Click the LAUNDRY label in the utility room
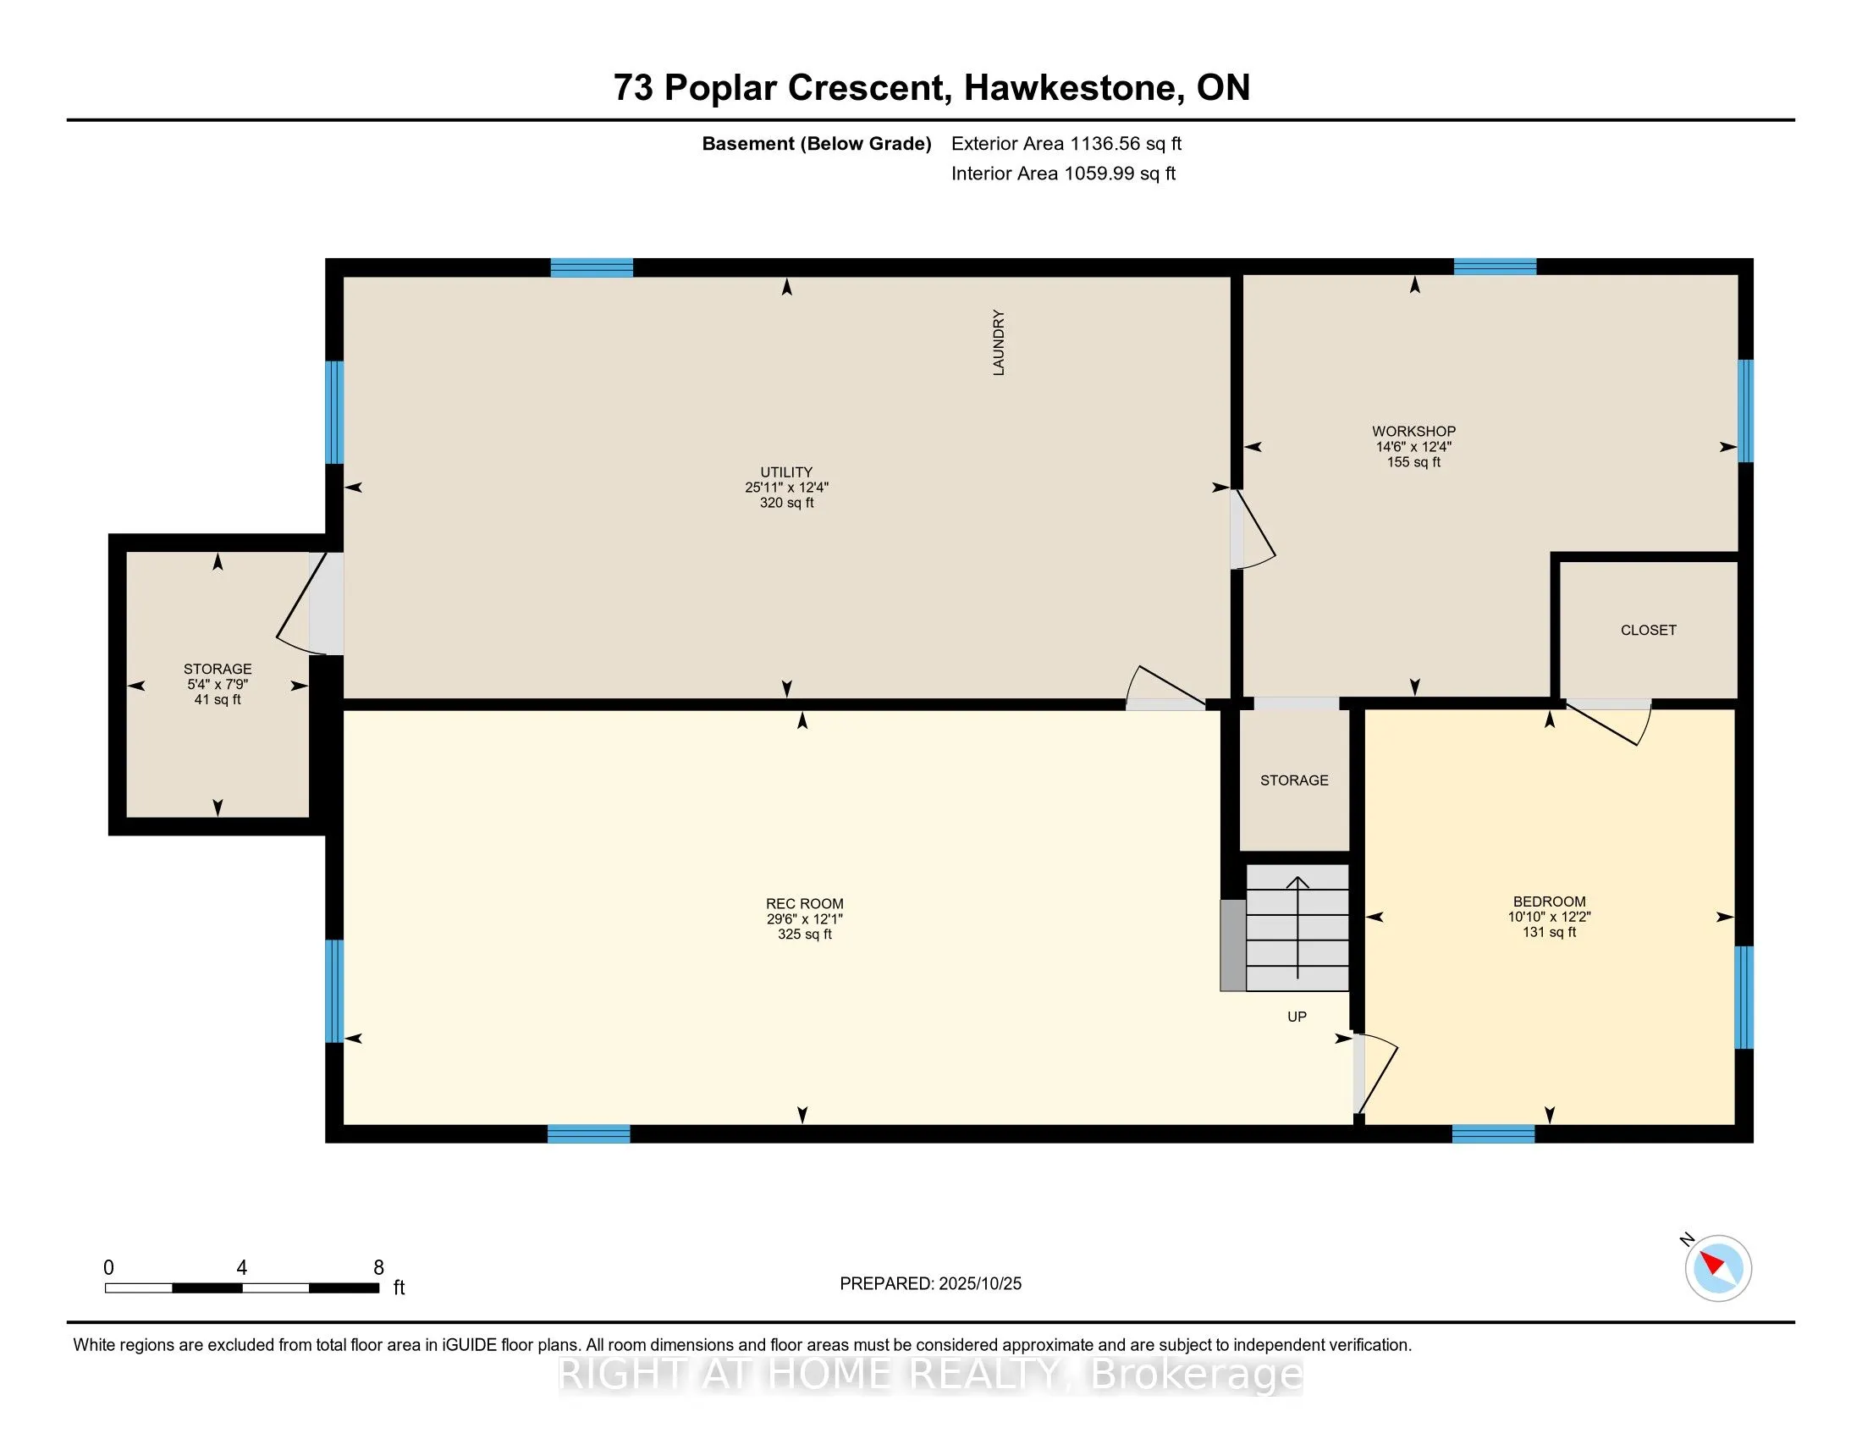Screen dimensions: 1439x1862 (x=999, y=343)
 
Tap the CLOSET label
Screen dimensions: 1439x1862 (x=1647, y=630)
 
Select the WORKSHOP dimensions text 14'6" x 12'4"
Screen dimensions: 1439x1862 (x=1413, y=447)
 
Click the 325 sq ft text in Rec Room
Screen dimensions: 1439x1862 (x=804, y=935)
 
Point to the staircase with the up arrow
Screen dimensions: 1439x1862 (x=1297, y=928)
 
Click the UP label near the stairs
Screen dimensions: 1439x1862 (x=1296, y=1016)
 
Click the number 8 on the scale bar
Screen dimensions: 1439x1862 (x=378, y=1268)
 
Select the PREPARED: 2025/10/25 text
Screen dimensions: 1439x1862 (x=930, y=1284)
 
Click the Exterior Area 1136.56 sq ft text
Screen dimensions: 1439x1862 (x=1066, y=143)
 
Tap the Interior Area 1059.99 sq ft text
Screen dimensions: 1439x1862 (x=1063, y=173)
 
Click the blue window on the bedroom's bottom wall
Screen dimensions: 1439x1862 (x=1493, y=1133)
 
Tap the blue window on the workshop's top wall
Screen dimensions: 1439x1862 (x=1495, y=267)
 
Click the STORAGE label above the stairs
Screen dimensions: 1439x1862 (x=1293, y=780)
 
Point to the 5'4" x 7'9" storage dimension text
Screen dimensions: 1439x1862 (x=218, y=685)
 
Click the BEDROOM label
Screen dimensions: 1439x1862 (x=1549, y=901)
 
